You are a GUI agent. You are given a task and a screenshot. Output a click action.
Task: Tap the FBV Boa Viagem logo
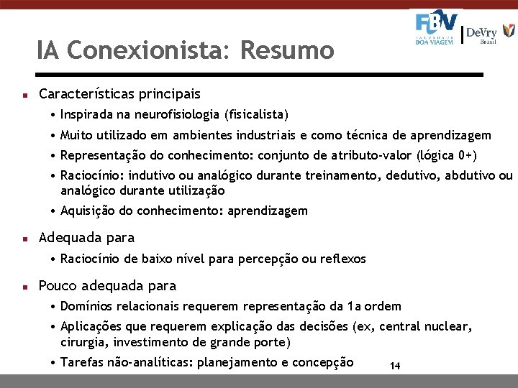[436, 29]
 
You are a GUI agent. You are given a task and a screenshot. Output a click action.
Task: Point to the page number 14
[395, 366]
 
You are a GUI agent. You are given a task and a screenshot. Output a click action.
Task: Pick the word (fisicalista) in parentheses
[256, 114]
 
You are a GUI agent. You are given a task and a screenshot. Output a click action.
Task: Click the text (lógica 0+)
[447, 155]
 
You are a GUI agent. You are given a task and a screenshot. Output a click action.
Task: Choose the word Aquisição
[86, 211]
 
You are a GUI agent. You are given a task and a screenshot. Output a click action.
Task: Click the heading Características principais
[119, 94]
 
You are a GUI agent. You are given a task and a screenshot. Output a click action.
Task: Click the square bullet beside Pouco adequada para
[24, 286]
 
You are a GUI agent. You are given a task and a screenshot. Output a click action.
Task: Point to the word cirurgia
[83, 341]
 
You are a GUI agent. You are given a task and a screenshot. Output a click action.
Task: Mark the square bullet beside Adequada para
[24, 239]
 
